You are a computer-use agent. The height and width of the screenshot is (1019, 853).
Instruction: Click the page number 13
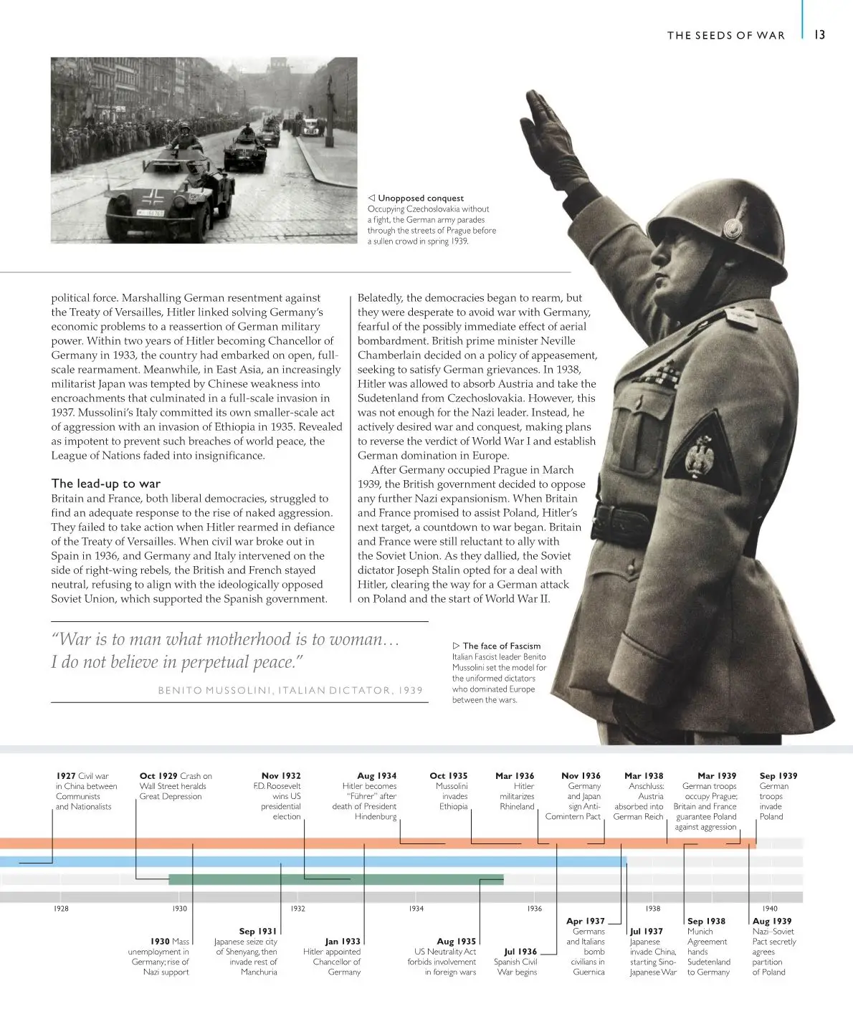tap(820, 34)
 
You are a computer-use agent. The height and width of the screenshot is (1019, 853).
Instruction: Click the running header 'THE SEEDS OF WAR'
tap(725, 35)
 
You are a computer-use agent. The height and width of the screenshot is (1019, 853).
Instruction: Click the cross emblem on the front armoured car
tap(152, 198)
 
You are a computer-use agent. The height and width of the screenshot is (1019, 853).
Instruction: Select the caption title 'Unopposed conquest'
tap(421, 198)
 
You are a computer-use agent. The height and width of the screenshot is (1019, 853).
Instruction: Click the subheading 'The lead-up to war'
tap(106, 484)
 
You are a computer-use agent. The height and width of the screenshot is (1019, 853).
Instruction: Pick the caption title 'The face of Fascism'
tap(502, 646)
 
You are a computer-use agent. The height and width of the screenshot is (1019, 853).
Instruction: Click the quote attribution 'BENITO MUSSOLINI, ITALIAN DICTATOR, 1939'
tap(290, 690)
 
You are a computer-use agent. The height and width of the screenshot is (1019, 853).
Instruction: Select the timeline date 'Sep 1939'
tap(778, 775)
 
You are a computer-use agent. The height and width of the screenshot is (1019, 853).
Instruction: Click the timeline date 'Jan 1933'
tap(343, 941)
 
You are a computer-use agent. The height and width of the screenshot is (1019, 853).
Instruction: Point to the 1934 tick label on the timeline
tap(416, 908)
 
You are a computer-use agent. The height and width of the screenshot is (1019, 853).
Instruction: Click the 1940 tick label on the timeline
tap(770, 908)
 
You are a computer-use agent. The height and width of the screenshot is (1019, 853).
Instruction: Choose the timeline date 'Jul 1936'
tap(520, 951)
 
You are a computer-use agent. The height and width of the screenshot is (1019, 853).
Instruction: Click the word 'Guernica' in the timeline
tap(588, 972)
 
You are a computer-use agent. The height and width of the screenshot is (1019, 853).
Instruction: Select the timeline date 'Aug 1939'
tap(772, 921)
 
